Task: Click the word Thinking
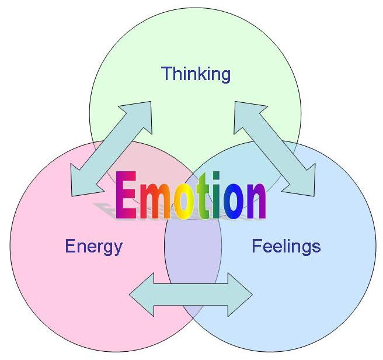coord(196,74)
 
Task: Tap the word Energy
coord(94,246)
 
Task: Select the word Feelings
coord(286,245)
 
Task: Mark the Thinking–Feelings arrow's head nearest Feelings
coord(304,181)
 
